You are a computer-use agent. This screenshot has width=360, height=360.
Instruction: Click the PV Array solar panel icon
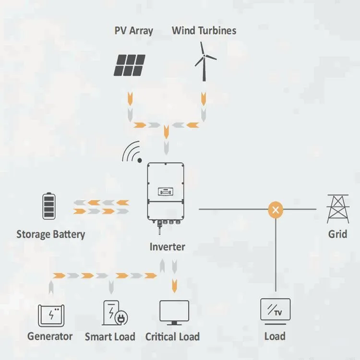[130, 65]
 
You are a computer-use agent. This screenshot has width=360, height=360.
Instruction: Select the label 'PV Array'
[133, 31]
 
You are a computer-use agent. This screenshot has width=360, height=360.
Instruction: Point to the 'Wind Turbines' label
[204, 31]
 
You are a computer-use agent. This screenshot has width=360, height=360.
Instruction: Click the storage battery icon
[49, 206]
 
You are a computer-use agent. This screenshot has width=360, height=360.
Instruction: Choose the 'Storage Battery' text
[50, 235]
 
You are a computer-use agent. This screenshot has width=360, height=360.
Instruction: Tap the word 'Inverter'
[167, 247]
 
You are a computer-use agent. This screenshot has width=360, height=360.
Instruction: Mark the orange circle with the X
[276, 209]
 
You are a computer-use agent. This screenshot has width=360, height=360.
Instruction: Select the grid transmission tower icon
[337, 209]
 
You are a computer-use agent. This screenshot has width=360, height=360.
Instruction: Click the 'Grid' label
[337, 234]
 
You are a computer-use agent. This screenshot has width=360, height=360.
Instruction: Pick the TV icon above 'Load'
[275, 310]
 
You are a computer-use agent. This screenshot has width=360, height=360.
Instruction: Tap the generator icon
[51, 314]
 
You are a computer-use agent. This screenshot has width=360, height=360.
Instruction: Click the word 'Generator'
[50, 336]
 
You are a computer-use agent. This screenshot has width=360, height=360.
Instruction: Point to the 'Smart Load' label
[110, 336]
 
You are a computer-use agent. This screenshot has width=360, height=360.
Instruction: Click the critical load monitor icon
[174, 313]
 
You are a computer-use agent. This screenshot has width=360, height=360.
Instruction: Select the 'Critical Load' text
[172, 336]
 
